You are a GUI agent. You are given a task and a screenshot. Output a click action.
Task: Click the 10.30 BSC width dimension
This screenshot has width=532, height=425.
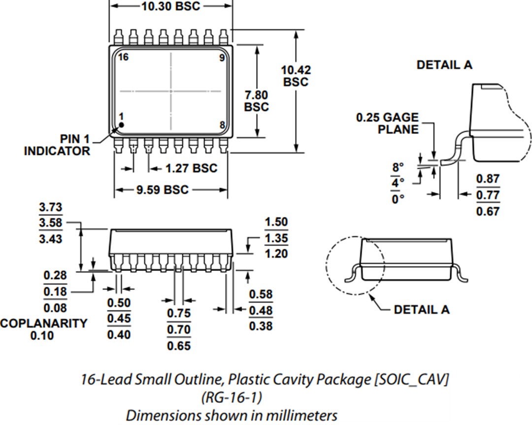point(171,6)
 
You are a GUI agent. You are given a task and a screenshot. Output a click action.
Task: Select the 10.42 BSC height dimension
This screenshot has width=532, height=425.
point(296,76)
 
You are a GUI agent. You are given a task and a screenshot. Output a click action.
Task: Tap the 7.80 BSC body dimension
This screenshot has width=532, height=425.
point(257,100)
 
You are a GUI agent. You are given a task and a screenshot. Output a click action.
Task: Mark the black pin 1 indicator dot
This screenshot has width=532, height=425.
point(121,125)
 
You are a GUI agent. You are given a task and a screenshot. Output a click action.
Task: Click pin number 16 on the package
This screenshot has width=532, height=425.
point(123,58)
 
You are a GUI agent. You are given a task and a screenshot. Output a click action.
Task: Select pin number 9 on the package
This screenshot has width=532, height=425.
point(222,58)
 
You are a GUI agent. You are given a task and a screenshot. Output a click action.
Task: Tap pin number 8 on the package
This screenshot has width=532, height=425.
point(222,125)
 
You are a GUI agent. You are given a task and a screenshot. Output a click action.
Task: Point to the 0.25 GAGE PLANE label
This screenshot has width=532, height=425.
point(387,123)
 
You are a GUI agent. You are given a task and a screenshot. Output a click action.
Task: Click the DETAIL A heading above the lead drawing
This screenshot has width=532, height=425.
point(444,65)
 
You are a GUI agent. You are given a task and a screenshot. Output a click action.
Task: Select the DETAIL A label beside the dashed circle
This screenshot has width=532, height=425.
point(422,310)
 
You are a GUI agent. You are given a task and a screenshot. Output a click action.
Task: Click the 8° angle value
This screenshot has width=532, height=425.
point(398,167)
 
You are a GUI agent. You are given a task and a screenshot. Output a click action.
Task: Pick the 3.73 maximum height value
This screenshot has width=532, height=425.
point(51,208)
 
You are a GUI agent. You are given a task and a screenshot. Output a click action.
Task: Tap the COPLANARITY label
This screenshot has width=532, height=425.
point(43,324)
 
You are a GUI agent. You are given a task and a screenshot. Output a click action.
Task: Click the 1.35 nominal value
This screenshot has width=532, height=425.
point(276,239)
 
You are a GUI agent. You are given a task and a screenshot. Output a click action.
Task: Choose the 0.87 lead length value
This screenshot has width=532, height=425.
point(488,179)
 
